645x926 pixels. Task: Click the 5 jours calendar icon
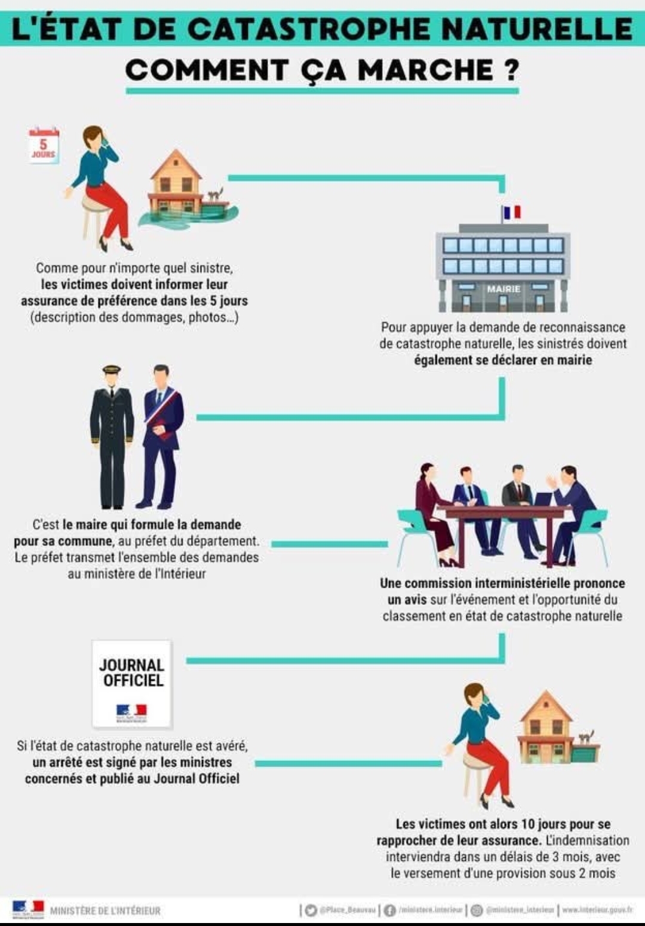pos(44,145)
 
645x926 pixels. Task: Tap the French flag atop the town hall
pos(512,212)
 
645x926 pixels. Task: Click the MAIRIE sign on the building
pos(503,289)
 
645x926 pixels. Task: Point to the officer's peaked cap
pos(112,371)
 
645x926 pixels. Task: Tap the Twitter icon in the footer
pos(311,910)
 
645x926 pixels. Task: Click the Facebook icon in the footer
pos(390,910)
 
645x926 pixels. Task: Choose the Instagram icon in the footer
pos(477,910)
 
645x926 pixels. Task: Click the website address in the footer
pos(597,910)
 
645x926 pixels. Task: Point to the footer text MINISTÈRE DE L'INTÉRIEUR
pos(105,911)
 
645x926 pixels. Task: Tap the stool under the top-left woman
pos(94,218)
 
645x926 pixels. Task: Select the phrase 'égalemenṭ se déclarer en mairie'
pos(503,360)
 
